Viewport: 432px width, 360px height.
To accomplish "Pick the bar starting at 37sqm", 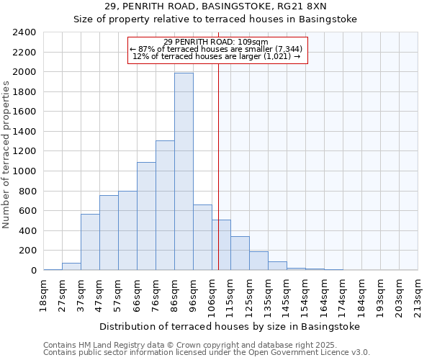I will pos(90,242).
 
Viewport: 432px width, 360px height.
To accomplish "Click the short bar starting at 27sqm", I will pos(71,266).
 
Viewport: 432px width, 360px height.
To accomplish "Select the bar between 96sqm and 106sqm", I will pos(202,238).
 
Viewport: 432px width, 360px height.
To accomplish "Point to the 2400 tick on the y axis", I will pos(25,32).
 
